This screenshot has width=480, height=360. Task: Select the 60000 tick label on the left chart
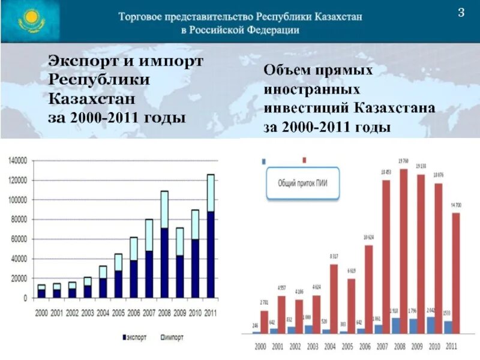[19, 239]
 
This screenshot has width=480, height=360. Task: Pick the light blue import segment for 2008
[164, 209]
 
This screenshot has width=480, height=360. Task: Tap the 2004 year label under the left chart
[104, 313]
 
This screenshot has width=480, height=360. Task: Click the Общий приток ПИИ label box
[303, 184]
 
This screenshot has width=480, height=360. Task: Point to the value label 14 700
[457, 206]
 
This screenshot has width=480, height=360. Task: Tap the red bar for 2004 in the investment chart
[334, 298]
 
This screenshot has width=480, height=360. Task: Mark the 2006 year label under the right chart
[365, 347]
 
